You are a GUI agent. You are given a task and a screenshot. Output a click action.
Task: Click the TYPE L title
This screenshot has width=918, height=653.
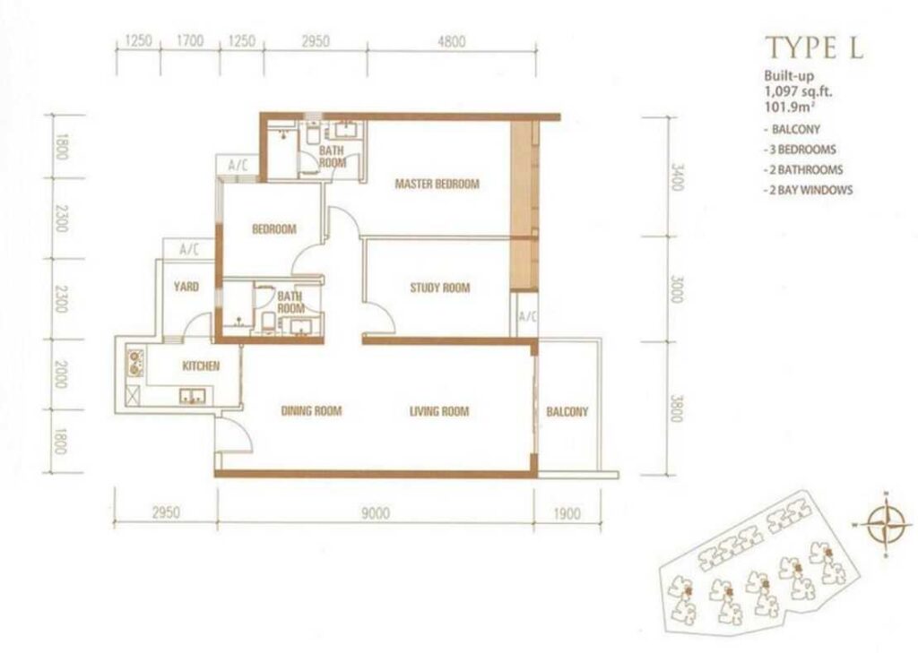814,47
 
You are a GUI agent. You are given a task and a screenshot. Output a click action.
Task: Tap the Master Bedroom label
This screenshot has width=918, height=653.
437,185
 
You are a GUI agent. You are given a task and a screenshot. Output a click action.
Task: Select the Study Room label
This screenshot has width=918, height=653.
439,288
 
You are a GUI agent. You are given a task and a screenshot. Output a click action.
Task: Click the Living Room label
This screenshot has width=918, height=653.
439,411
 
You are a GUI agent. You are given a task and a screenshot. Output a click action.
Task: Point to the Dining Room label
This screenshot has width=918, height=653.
311,411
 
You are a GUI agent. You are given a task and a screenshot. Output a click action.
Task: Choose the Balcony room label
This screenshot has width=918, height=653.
567,412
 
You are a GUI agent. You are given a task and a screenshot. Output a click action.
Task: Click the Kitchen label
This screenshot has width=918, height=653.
201,366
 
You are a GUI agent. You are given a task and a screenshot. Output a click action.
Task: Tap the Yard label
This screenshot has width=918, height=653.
186,287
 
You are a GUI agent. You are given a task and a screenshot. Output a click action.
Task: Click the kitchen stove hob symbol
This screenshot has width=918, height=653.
136,363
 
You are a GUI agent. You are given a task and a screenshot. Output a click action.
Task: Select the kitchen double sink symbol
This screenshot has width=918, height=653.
192,397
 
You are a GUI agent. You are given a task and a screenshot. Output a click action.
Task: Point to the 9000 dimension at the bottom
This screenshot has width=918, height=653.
376,513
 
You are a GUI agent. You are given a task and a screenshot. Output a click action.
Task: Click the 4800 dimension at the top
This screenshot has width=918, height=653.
452,41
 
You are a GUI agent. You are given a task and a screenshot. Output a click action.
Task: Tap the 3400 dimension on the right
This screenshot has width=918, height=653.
677,176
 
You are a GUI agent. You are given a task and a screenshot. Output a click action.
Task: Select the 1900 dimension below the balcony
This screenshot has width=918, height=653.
567,514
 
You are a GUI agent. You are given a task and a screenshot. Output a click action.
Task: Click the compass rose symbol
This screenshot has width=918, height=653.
886,524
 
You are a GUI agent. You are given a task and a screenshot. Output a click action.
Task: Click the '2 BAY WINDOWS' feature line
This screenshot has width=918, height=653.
808,190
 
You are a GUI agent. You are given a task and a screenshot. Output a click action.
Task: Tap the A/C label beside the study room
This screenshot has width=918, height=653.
527,316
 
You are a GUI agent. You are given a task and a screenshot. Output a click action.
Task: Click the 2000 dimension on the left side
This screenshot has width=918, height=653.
61,374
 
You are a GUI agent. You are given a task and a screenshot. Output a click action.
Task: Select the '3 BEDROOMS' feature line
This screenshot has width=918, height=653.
800,150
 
